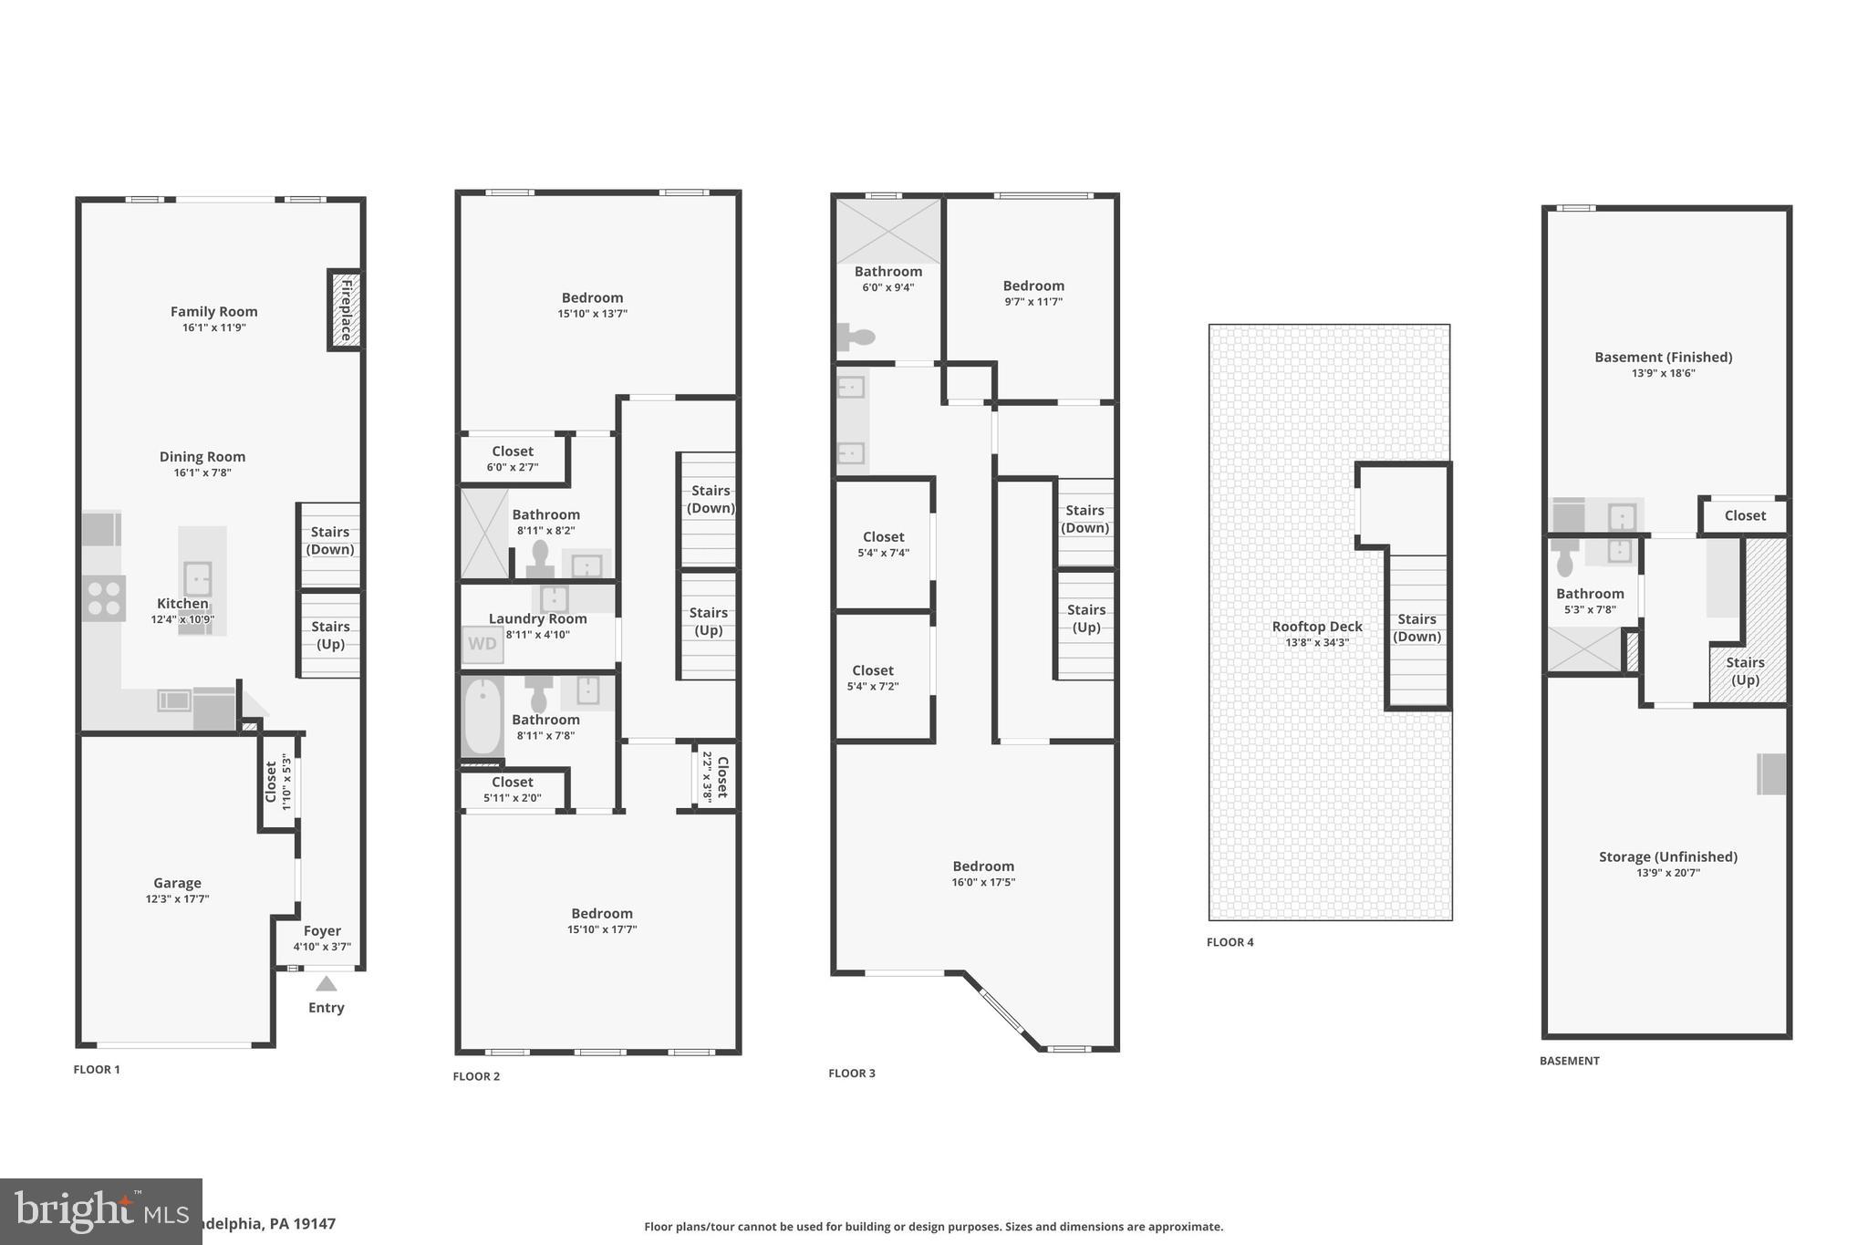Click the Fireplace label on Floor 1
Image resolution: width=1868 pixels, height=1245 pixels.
pos(346,310)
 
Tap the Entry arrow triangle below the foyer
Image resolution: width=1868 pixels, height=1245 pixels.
pos(326,984)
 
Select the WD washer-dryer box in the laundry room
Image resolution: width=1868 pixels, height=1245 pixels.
pos(482,644)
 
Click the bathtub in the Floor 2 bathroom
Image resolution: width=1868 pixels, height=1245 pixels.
pos(483,717)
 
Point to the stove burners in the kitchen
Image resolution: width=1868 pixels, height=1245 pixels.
pos(103,598)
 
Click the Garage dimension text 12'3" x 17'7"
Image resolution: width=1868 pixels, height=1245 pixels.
pos(177,898)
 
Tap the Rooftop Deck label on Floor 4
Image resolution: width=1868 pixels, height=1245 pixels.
pos(1316,627)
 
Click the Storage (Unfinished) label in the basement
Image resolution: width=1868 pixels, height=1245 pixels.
pos(1667,856)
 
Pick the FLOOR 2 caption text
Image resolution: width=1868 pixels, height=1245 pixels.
pos(476,1076)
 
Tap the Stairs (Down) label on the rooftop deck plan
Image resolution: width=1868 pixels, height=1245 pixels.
pos(1417,628)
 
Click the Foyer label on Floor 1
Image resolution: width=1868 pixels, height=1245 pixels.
pos(322,930)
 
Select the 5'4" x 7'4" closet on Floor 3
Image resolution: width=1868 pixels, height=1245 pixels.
pos(883,544)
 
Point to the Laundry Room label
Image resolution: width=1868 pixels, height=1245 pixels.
pos(537,618)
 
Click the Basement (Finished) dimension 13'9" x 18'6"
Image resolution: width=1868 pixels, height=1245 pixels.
pos(1663,373)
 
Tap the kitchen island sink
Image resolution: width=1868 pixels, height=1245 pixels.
pos(197,577)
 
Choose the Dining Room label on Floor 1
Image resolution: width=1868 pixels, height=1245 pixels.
pos(202,457)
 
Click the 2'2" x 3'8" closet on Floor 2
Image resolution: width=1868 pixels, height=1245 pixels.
pos(714,775)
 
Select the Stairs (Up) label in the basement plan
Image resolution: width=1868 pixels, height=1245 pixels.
pos(1744,670)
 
